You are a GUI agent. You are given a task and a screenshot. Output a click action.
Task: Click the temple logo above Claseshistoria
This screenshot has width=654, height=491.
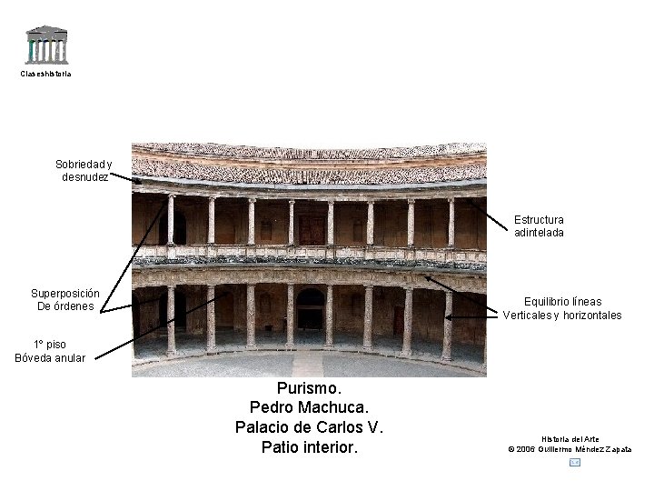click(x=46, y=45)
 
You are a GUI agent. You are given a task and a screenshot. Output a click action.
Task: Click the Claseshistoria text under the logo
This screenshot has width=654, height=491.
click(x=45, y=74)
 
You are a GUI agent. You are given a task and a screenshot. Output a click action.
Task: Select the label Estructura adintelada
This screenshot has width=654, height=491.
click(x=539, y=226)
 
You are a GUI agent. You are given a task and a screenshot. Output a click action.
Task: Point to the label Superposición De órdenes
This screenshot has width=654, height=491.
click(x=65, y=300)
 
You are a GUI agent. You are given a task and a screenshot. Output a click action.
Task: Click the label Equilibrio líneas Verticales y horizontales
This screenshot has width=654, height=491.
click(x=562, y=308)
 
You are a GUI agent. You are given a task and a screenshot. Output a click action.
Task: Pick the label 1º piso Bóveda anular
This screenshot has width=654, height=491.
click(x=50, y=351)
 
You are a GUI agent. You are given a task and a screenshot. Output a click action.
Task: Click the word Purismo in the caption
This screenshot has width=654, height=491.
click(x=309, y=388)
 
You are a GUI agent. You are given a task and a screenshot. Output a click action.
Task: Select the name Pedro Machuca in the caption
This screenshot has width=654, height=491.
click(x=309, y=407)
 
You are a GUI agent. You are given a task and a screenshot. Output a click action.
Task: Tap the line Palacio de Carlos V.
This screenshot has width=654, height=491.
click(x=309, y=427)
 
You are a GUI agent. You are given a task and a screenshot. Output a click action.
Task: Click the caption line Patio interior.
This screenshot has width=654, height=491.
click(x=309, y=447)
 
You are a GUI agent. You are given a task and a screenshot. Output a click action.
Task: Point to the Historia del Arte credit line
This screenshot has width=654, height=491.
click(x=570, y=439)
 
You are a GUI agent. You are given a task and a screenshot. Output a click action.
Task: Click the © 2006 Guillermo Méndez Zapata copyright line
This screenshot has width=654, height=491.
click(x=570, y=449)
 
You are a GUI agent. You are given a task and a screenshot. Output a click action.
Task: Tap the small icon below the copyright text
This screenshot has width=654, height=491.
click(x=574, y=463)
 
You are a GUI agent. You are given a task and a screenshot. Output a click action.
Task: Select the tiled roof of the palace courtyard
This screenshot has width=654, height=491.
click(x=309, y=162)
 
